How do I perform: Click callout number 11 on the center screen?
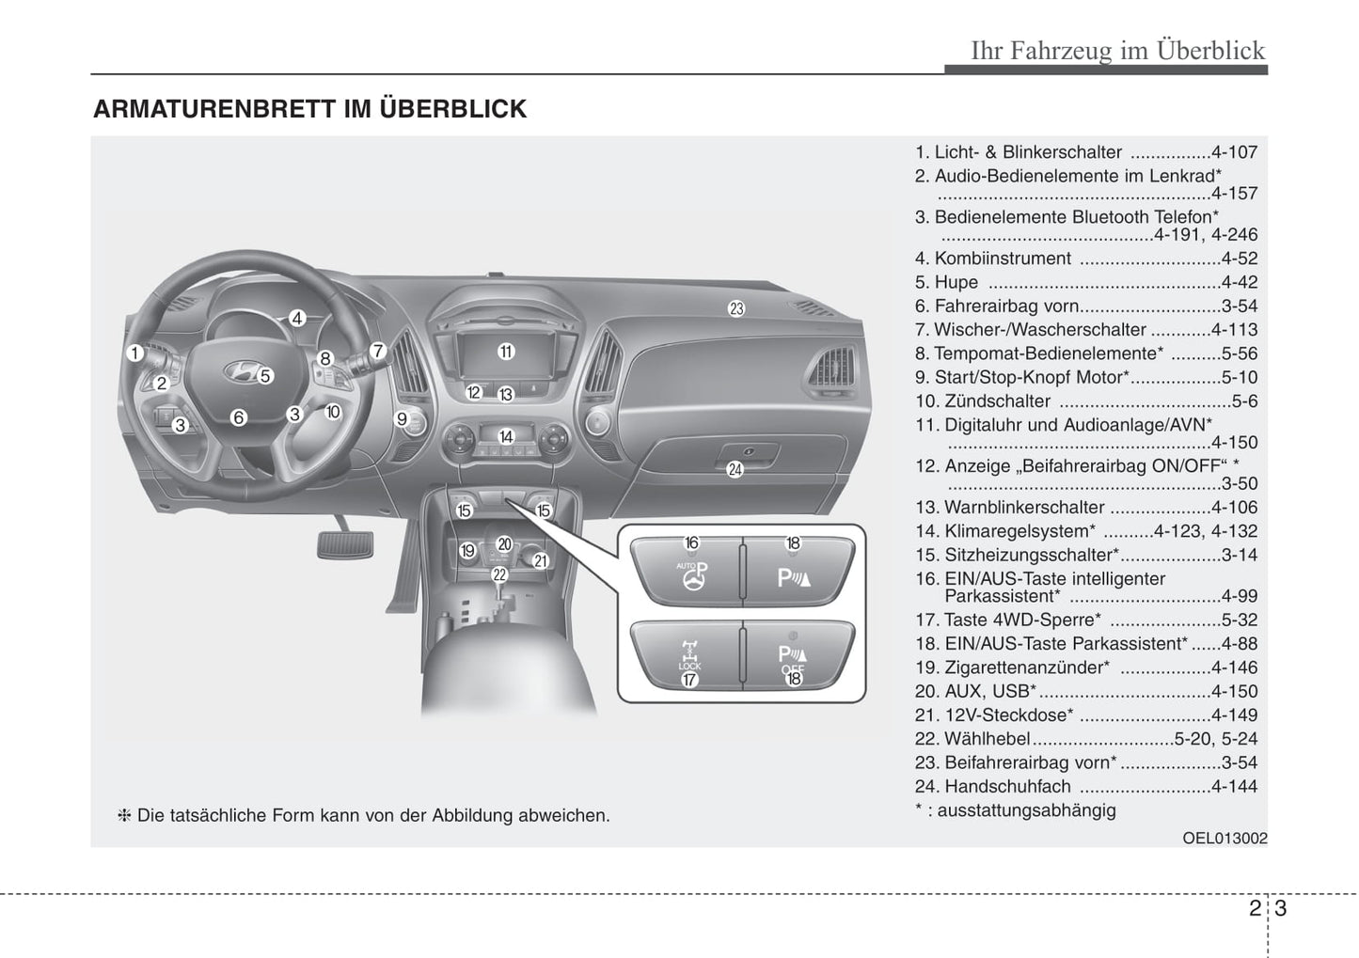click(x=506, y=352)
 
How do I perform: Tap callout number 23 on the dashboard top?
click(x=736, y=307)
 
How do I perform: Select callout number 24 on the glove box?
click(x=735, y=469)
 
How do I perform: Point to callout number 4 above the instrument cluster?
click(x=297, y=318)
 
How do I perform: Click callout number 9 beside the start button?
click(x=402, y=419)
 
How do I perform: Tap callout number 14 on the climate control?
click(x=506, y=436)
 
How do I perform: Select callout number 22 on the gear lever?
click(x=499, y=574)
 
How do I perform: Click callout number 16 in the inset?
click(x=691, y=542)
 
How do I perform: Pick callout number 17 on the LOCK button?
click(x=689, y=679)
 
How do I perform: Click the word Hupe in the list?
click(x=956, y=282)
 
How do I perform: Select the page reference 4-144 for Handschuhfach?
click(x=1234, y=786)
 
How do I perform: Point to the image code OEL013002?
click(x=1225, y=838)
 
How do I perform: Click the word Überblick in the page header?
click(x=1211, y=50)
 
